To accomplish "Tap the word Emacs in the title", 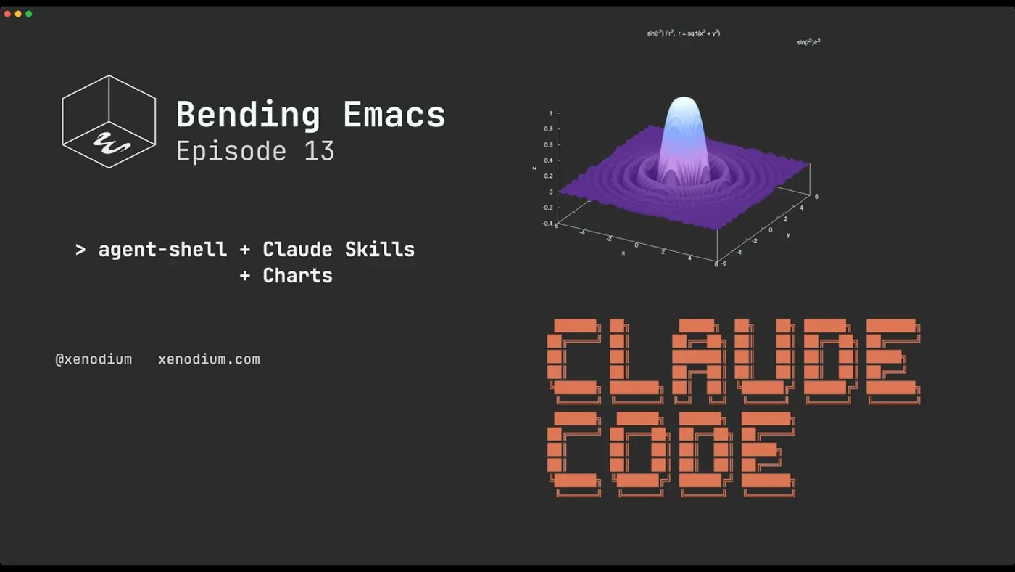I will pyautogui.click(x=394, y=115).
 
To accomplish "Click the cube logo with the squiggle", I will pyautogui.click(x=109, y=121).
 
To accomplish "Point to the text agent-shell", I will pyautogui.click(x=162, y=250).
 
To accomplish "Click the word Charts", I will pyautogui.click(x=297, y=276).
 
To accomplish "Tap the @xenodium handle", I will pyautogui.click(x=94, y=359).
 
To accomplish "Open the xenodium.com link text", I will pyautogui.click(x=209, y=359).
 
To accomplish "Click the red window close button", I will pyautogui.click(x=8, y=14).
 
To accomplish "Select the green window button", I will pyautogui.click(x=29, y=14).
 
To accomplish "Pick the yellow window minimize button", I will pyautogui.click(x=18, y=14).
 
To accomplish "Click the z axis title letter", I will pyautogui.click(x=534, y=168).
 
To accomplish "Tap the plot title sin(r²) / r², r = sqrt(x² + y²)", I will pyautogui.click(x=683, y=33).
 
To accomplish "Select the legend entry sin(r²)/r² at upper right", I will pyautogui.click(x=808, y=42).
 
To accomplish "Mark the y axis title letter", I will pyautogui.click(x=788, y=235).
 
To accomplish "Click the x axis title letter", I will pyautogui.click(x=623, y=253).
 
